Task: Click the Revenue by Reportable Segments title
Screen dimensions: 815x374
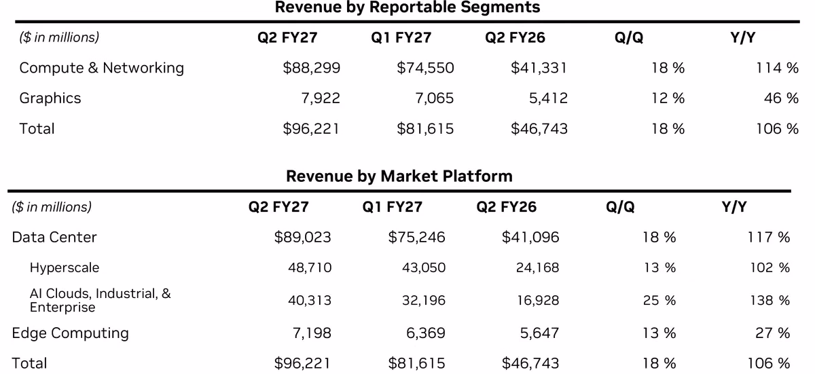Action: click(407, 7)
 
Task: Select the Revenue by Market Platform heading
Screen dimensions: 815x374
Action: click(399, 176)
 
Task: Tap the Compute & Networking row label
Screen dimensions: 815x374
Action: click(101, 68)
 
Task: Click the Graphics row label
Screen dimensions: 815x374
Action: click(50, 98)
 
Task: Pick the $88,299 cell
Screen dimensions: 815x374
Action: click(312, 68)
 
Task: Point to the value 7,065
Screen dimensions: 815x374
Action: click(435, 98)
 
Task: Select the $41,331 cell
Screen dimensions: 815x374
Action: click(539, 68)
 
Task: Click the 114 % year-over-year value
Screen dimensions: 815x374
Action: click(777, 68)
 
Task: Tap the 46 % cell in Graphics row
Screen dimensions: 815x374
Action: click(781, 98)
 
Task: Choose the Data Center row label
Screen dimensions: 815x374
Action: click(54, 238)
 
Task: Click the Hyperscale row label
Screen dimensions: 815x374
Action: click(65, 268)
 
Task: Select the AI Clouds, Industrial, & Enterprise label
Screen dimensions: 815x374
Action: click(100, 300)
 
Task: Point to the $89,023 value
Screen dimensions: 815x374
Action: click(303, 238)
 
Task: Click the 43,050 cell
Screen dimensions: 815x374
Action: click(424, 268)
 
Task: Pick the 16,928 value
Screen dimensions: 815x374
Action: click(538, 301)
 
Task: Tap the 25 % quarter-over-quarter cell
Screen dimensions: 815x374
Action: click(659, 301)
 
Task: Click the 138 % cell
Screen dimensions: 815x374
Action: click(770, 301)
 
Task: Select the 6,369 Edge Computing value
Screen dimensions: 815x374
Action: click(426, 333)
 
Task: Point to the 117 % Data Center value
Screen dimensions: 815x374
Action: click(768, 238)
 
